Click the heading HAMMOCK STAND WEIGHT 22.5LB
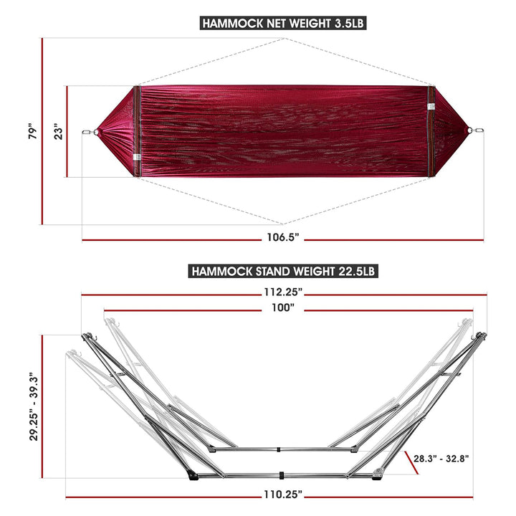coord(282,271)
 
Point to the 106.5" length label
coord(282,236)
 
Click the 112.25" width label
coord(282,292)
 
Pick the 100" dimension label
coord(284,308)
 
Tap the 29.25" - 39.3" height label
coord(32,406)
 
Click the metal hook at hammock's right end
coord(472,130)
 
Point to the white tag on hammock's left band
coord(135,157)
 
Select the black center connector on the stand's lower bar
coord(284,475)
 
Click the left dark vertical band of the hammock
coord(137,130)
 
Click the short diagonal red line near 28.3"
coord(411,462)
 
